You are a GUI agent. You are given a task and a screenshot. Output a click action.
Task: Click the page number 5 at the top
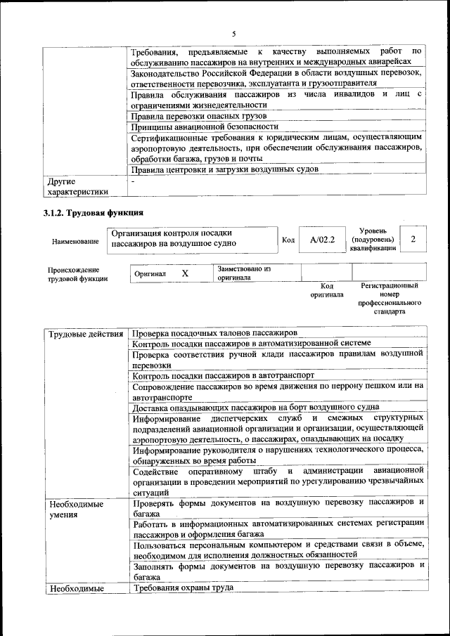pyautogui.click(x=234, y=34)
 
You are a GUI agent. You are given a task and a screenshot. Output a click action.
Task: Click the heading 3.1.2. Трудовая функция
pyautogui.click(x=93, y=212)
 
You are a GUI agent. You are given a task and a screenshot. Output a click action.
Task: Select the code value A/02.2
pyautogui.click(x=323, y=240)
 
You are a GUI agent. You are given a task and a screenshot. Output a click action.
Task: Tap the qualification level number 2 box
pyautogui.click(x=413, y=240)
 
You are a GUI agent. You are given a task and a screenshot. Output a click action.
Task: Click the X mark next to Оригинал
pyautogui.click(x=185, y=273)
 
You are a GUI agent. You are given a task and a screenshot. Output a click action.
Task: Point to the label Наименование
pyautogui.click(x=75, y=241)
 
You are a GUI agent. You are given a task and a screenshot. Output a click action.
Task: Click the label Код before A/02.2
pyautogui.click(x=288, y=240)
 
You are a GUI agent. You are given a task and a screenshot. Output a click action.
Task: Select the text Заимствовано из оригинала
pyautogui.click(x=244, y=273)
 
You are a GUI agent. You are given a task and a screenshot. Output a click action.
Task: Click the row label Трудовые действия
pyautogui.click(x=84, y=333)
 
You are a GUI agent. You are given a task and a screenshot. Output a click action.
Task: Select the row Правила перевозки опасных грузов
pyautogui.click(x=200, y=115)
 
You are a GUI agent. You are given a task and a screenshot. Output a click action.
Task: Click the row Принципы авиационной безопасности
pyautogui.click(x=205, y=126)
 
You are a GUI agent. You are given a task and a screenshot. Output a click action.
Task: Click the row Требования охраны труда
pyautogui.click(x=183, y=588)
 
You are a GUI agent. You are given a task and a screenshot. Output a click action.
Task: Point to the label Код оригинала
pyautogui.click(x=327, y=290)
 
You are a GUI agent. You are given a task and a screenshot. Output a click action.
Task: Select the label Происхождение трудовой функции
pyautogui.click(x=77, y=274)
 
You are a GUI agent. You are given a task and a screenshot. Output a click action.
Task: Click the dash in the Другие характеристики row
pyautogui.click(x=134, y=181)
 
